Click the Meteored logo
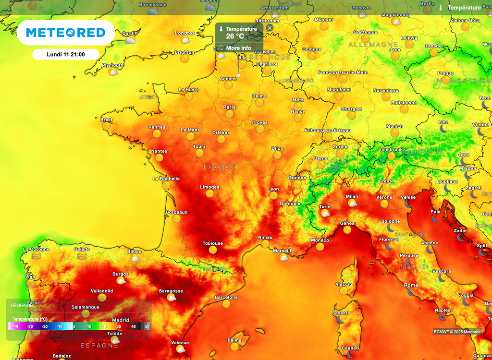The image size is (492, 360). coord(65,33)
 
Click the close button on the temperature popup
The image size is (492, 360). coord(270,28)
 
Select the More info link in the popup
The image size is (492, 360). coord(238,48)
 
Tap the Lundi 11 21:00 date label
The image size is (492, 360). coord(66,54)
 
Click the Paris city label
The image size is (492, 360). coord(229,107)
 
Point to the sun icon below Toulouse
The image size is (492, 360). coord(213,250)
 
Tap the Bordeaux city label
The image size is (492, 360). coord(176,212)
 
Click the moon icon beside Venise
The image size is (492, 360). coord(408,204)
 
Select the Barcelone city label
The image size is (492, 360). coord(226,297)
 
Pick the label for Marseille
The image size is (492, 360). coord(283,251)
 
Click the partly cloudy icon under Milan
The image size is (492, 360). coord(352,203)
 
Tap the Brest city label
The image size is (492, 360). coord(106,120)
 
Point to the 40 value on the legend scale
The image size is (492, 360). coord(134,326)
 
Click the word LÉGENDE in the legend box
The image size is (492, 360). coord(22,305)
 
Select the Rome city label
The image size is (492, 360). coord(411,285)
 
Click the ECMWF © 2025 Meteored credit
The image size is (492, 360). coord(457,332)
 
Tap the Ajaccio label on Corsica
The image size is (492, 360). coord(344,284)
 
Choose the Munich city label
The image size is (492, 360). coord(394,126)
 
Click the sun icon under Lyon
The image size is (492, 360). coord(273,196)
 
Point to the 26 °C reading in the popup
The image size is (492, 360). coord(235,36)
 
